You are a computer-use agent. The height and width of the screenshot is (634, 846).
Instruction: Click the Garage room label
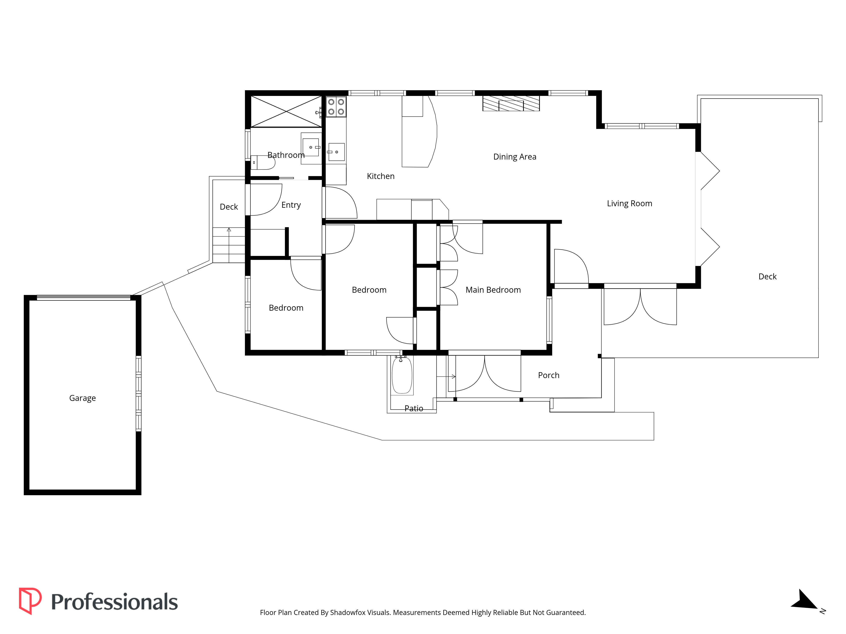(82, 398)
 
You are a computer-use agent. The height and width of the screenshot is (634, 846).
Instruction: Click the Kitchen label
(380, 176)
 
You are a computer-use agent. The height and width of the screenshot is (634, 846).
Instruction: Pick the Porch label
(548, 375)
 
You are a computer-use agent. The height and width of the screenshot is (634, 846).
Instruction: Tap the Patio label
(414, 409)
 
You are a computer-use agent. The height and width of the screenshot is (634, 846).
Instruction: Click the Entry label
(291, 205)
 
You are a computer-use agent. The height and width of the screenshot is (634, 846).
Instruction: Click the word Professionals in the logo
(114, 602)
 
